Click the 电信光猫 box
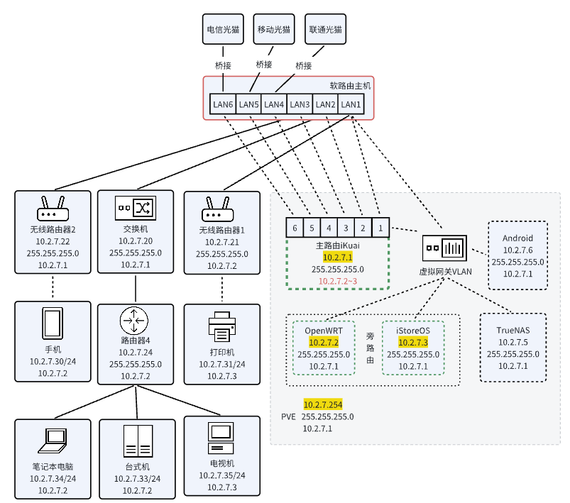(x=224, y=31)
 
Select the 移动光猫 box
(x=274, y=31)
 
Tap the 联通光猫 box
(x=325, y=31)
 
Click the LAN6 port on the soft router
(x=223, y=104)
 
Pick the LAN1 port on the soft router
(x=351, y=104)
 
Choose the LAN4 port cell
(x=274, y=104)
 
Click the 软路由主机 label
(x=350, y=85)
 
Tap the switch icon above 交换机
(x=135, y=208)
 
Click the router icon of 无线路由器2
(x=53, y=209)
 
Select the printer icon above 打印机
(x=222, y=327)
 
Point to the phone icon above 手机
(x=53, y=324)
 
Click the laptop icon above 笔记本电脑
(x=53, y=441)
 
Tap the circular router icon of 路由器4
(x=135, y=322)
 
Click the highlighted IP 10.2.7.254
(x=323, y=404)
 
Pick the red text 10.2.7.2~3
(x=337, y=281)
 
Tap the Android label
(x=517, y=238)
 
